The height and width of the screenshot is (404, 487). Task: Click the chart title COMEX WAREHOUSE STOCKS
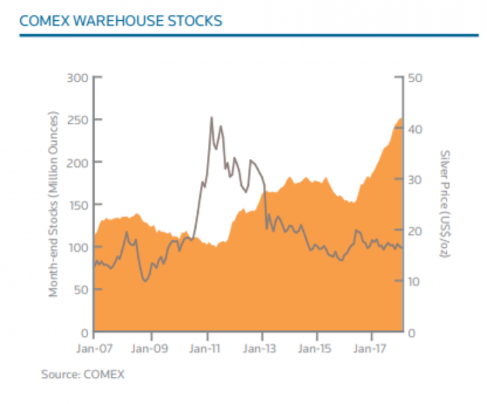[121, 21]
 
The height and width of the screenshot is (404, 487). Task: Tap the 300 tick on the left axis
[78, 78]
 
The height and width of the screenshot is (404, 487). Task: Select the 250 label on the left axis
[78, 120]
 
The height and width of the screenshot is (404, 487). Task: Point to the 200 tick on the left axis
[78, 162]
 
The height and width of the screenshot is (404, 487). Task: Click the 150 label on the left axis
[78, 205]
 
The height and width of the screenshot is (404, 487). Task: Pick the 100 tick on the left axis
[78, 247]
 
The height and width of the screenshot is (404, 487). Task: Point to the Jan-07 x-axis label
[94, 349]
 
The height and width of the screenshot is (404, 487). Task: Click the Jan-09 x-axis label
[151, 349]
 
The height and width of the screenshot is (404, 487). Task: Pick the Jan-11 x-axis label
[207, 349]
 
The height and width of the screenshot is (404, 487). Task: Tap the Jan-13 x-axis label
[262, 349]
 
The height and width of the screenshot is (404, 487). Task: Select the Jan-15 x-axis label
[317, 349]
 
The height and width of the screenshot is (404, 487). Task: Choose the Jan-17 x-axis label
[372, 349]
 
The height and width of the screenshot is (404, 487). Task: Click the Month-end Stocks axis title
[54, 205]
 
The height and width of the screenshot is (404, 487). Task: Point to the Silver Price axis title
[444, 205]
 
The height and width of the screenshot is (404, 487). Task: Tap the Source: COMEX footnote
[83, 374]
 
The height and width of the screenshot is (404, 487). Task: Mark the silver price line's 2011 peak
[211, 117]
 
